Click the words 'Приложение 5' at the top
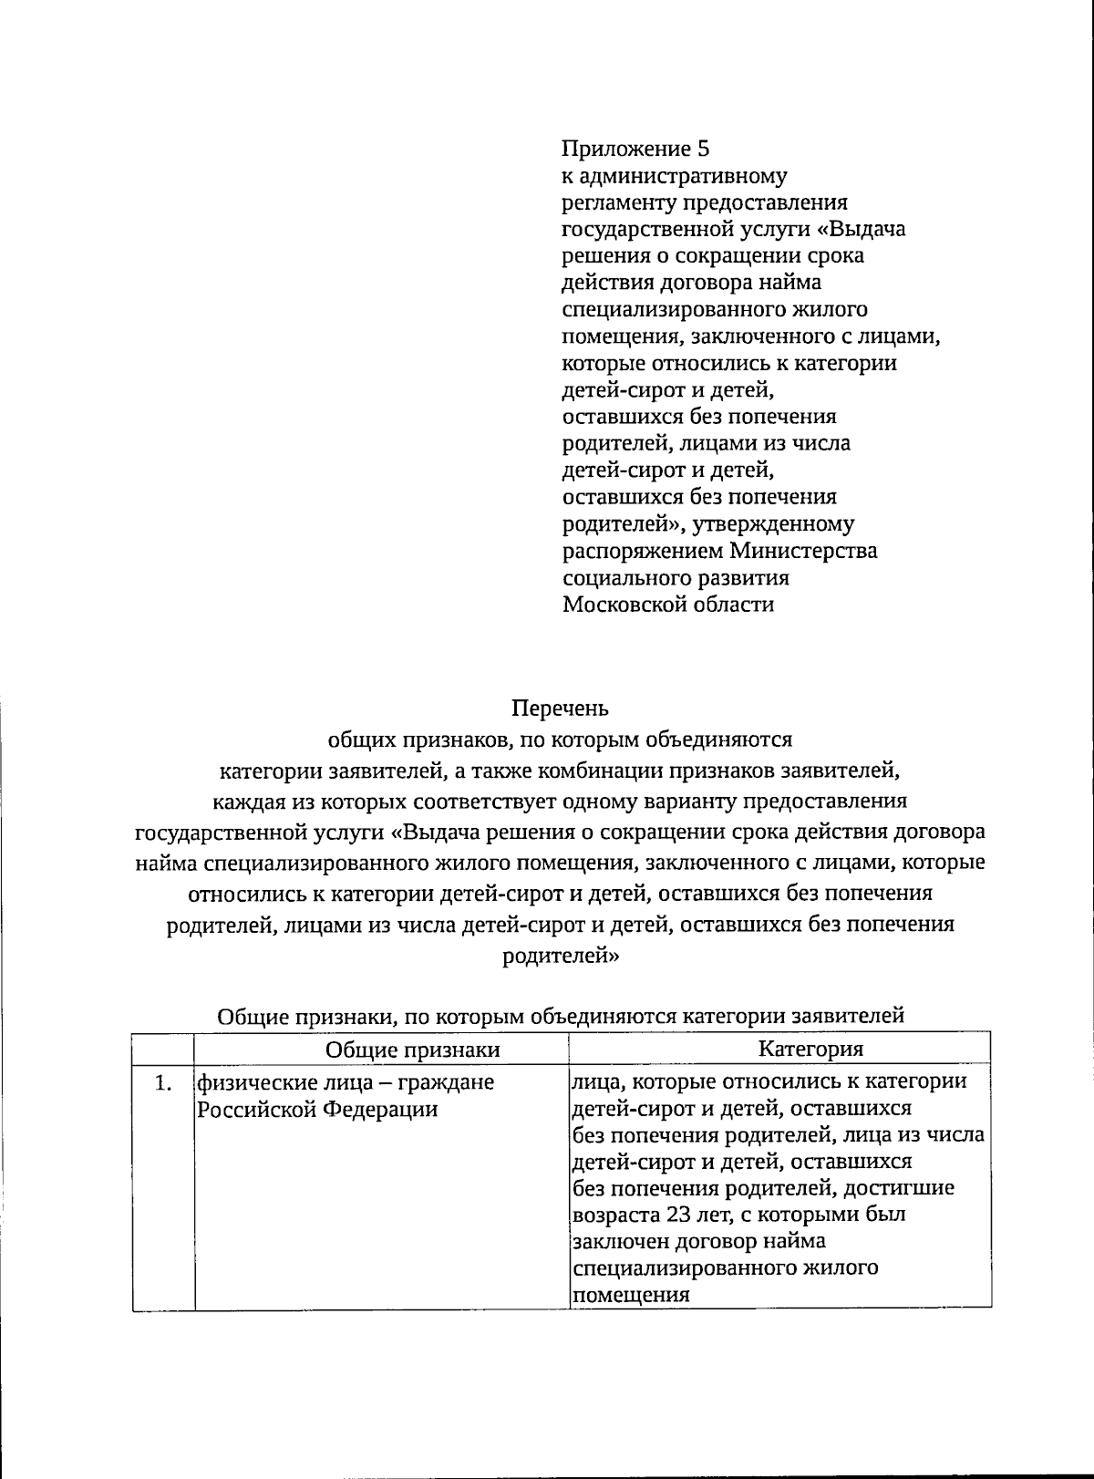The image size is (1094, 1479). coord(635,149)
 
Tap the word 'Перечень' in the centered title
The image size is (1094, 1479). coord(559,708)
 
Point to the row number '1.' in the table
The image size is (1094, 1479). coord(163,1083)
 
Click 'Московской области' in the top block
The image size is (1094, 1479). coord(668,605)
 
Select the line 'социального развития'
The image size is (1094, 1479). coord(676,578)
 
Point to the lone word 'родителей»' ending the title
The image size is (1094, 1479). coord(561,957)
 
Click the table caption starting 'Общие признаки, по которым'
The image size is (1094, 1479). coord(561,1016)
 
